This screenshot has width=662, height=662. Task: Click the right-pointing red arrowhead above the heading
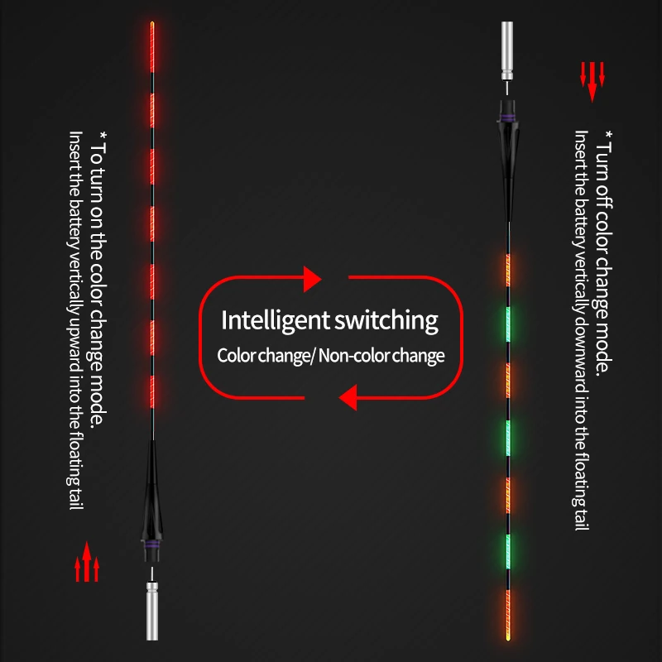click(311, 280)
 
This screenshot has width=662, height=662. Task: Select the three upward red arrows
click(86, 568)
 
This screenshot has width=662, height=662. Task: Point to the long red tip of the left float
click(153, 50)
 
